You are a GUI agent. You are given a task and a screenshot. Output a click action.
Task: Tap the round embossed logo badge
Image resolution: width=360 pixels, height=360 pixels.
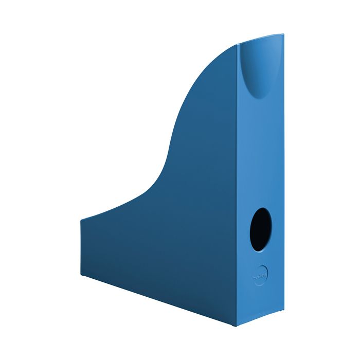[x=261, y=273]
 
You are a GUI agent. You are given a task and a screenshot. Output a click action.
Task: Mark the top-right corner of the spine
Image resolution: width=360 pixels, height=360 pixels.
[x=283, y=35]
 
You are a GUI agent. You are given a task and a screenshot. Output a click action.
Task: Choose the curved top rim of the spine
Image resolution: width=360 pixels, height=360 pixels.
[x=260, y=39]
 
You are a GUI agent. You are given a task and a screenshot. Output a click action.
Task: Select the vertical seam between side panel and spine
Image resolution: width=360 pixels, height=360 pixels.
[x=238, y=185]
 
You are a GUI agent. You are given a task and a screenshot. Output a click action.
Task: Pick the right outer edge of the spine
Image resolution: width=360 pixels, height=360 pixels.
[x=283, y=175]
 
